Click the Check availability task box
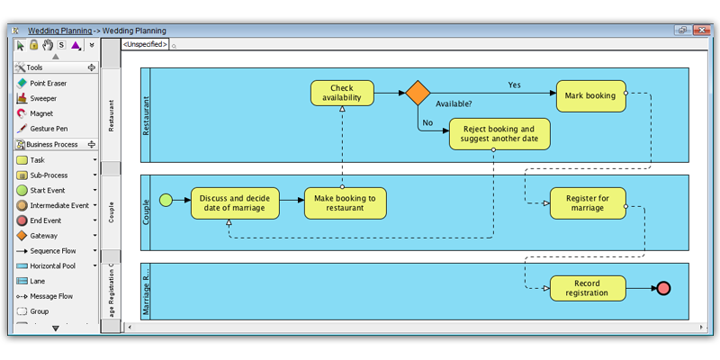click(342, 93)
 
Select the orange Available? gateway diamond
click(418, 93)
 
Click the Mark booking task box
click(590, 95)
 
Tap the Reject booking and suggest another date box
click(499, 134)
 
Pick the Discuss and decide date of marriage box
click(234, 202)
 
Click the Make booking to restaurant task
click(345, 202)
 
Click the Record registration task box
click(587, 288)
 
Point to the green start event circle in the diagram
click(166, 200)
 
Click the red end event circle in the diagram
click(664, 288)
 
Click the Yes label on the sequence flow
click(514, 85)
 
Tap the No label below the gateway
click(427, 122)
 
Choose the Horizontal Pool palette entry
click(55, 265)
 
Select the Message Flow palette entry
click(51, 296)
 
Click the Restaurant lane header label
click(111, 116)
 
